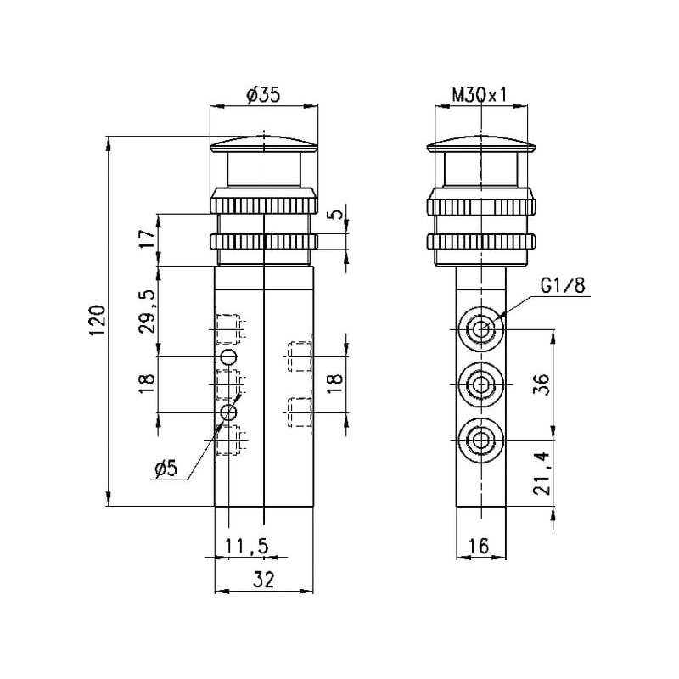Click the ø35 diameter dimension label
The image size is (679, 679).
pos(263,95)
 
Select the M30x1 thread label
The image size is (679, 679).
pos(480,95)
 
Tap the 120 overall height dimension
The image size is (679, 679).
pos(97,321)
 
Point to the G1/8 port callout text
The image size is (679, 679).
pos(563,285)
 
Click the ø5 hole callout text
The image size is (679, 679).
pos(166,469)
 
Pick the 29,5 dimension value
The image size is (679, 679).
pos(148,311)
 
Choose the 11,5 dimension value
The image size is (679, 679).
pos(246,546)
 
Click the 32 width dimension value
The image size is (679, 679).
pos(263,580)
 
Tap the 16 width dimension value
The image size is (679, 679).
pos(479,546)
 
